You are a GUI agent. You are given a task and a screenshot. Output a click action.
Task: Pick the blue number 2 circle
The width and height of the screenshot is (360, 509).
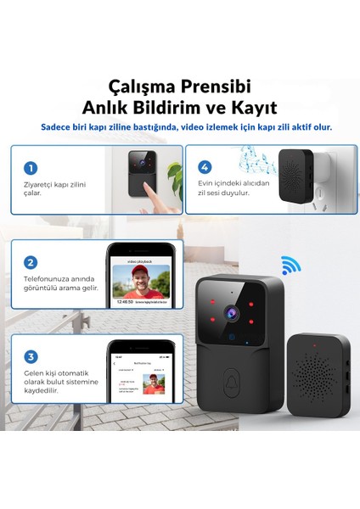click(x=31, y=263)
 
